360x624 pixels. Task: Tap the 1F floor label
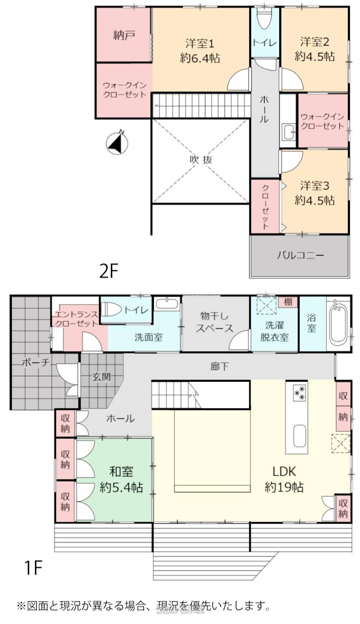coord(33,568)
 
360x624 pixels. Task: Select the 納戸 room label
coord(124,35)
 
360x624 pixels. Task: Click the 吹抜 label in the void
coord(201,160)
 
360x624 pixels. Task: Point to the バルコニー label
coord(300,255)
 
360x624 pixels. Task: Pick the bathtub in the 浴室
coord(338,324)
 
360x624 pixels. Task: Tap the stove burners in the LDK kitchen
coord(300,393)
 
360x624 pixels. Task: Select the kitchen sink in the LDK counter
coord(300,436)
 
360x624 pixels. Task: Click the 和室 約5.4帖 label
coord(121,479)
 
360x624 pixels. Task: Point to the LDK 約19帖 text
coord(284,479)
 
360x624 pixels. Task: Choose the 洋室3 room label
coord(315,193)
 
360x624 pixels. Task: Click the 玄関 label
coord(101,376)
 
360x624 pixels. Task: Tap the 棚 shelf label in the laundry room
coord(288,302)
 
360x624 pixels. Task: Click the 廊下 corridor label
coord(219,367)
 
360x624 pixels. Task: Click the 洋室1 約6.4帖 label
coord(200,50)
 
